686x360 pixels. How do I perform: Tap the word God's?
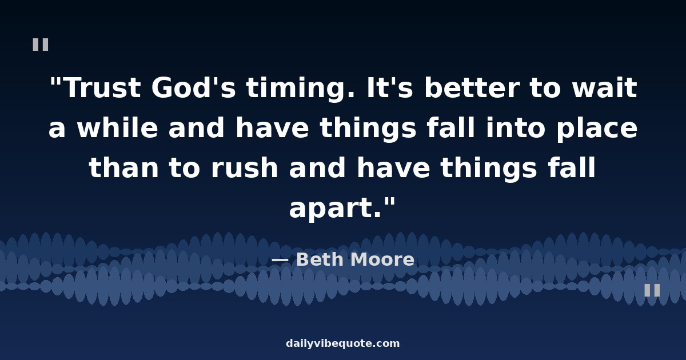click(194, 88)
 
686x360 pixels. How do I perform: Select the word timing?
click(301, 89)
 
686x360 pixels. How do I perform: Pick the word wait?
click(605, 88)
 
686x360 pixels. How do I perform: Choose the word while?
click(117, 128)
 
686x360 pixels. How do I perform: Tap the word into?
click(516, 128)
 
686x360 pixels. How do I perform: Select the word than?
click(123, 168)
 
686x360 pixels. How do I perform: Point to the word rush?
click(245, 168)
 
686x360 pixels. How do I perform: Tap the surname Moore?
click(382, 259)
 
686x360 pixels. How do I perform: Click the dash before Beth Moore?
click(280, 260)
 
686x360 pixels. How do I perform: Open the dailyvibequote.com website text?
click(342, 343)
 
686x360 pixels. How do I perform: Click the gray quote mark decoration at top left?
click(41, 45)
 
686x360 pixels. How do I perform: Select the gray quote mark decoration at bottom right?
click(652, 290)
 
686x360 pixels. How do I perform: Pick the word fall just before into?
click(451, 128)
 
